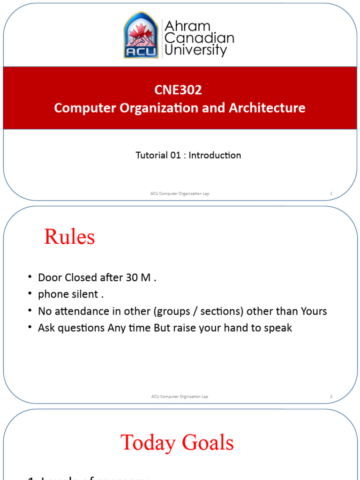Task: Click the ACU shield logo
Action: point(141,35)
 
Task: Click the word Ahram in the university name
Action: point(188,26)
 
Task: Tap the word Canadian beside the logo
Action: point(199,38)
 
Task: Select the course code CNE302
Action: point(178,90)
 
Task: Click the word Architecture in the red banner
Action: point(267,108)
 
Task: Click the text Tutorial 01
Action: point(158,155)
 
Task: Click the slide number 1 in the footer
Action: point(331,194)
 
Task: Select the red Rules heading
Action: point(69,237)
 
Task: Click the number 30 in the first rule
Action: point(132,277)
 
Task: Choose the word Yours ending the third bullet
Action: point(314,311)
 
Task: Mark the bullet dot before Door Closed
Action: point(30,277)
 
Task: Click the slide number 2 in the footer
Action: point(331,397)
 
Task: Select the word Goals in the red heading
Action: point(209,442)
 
